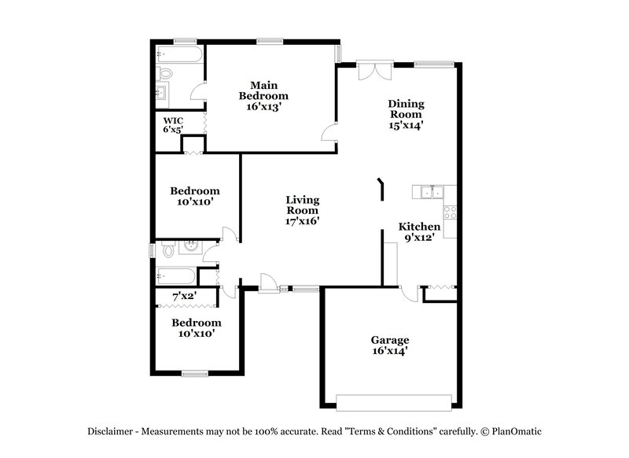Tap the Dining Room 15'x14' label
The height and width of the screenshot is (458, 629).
click(x=406, y=114)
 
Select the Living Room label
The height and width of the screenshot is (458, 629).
click(x=302, y=210)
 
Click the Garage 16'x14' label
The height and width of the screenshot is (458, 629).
click(x=390, y=345)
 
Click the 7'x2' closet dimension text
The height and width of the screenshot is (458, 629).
click(x=185, y=296)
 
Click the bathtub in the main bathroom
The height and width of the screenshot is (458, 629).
click(x=178, y=55)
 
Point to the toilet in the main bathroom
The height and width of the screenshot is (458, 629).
click(x=164, y=74)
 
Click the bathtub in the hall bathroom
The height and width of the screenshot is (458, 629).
click(x=176, y=276)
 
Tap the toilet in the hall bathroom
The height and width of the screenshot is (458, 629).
click(x=167, y=250)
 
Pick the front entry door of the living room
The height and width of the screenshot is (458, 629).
click(x=269, y=283)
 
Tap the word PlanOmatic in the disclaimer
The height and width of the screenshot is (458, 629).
click(x=517, y=431)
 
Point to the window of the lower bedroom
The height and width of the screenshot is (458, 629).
click(x=193, y=372)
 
